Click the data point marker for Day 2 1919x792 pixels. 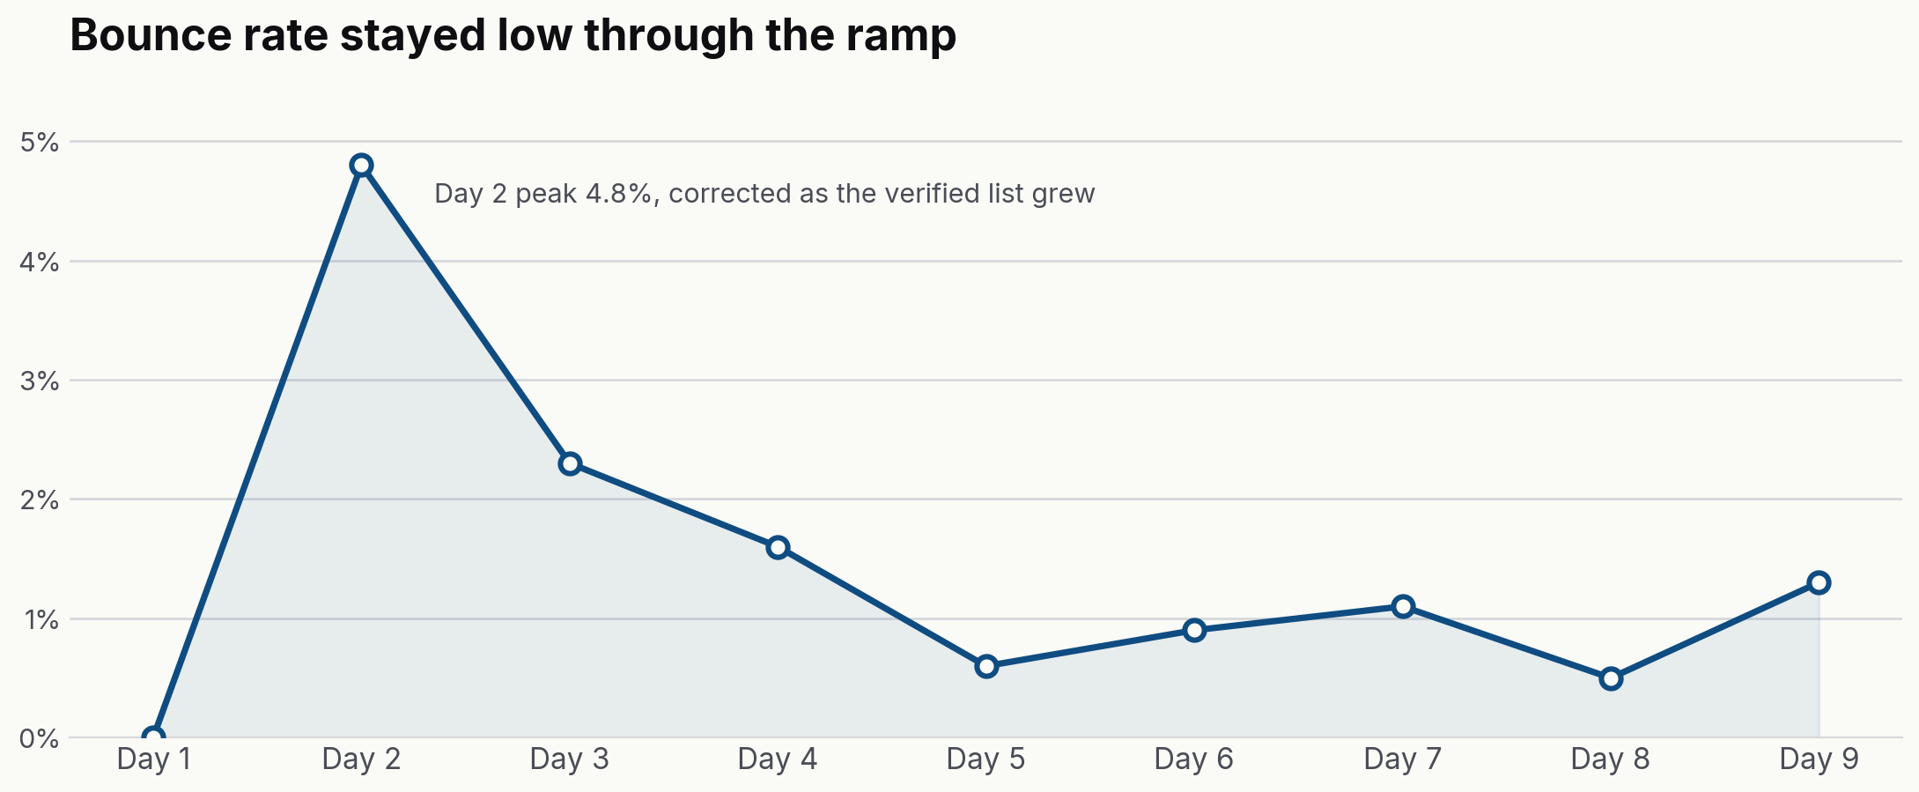pyautogui.click(x=361, y=165)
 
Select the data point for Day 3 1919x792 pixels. pyautogui.click(x=570, y=463)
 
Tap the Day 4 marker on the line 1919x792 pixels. pyautogui.click(x=778, y=547)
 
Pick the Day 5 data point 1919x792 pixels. pyautogui.click(x=986, y=666)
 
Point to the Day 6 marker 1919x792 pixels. pyautogui.click(x=1194, y=630)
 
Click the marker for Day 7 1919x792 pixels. pyautogui.click(x=1403, y=606)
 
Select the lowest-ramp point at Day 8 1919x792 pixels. pyautogui.click(x=1611, y=678)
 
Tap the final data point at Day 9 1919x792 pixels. pyautogui.click(x=1819, y=582)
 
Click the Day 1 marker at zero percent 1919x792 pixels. pyautogui.click(x=153, y=736)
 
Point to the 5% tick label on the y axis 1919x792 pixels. pyautogui.click(x=39, y=142)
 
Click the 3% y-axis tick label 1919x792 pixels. pyautogui.click(x=39, y=381)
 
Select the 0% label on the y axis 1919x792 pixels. pyautogui.click(x=39, y=738)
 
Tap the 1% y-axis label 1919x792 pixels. pyautogui.click(x=41, y=619)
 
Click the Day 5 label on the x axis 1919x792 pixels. pyautogui.click(x=985, y=759)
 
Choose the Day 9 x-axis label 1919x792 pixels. pyautogui.click(x=1819, y=759)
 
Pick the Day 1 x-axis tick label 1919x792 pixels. pyautogui.click(x=153, y=759)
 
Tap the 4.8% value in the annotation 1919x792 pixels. pyautogui.click(x=620, y=194)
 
